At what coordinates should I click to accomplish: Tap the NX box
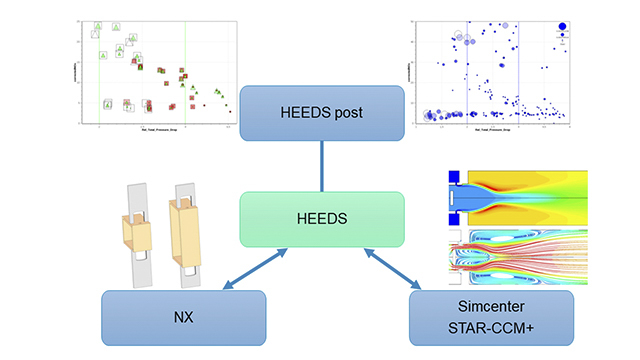[183, 317]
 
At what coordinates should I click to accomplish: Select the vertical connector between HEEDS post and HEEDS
[320, 166]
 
